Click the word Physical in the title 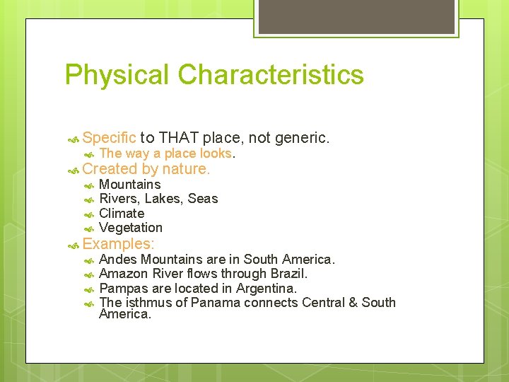[117, 75]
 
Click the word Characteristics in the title [271, 75]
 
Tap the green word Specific [109, 137]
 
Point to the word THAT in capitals [180, 137]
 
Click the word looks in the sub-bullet [216, 154]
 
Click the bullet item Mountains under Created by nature [130, 185]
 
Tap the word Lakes [163, 199]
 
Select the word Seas [203, 199]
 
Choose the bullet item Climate [122, 213]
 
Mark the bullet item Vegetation [131, 228]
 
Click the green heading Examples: [118, 244]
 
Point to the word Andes [119, 260]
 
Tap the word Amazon [124, 274]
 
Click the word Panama [216, 303]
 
